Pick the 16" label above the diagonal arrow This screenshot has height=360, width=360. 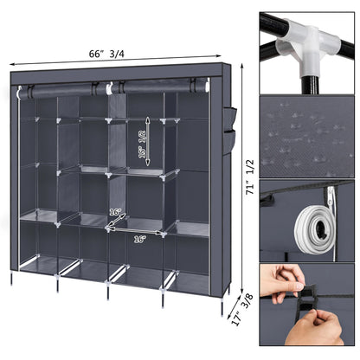click(115, 211)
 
